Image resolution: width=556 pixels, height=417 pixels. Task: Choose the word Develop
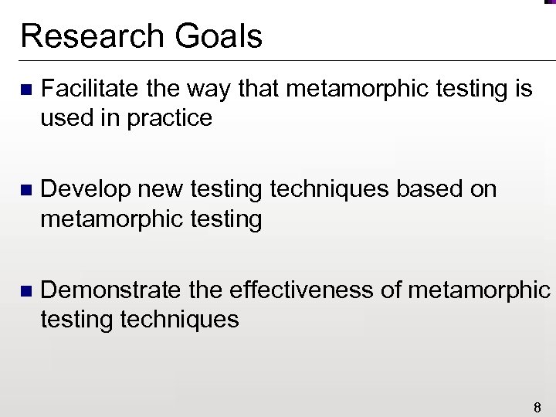click(82, 190)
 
